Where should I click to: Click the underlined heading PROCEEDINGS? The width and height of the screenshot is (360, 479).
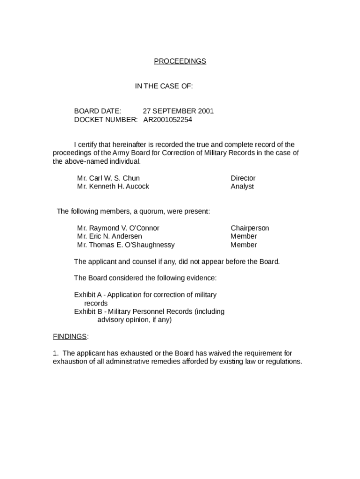tap(180, 61)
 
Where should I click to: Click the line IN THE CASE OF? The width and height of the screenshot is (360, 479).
tap(164, 86)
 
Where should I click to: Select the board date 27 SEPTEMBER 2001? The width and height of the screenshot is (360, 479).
tap(178, 111)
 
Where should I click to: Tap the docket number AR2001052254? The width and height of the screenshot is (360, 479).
tap(167, 119)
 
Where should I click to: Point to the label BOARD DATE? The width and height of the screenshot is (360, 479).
tap(98, 111)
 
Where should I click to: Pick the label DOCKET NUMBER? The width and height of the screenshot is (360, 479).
tap(106, 119)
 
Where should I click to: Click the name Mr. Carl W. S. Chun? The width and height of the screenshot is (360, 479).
tap(108, 178)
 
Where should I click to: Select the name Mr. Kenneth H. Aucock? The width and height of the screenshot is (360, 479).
tap(113, 186)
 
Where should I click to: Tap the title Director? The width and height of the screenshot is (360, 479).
tap(243, 178)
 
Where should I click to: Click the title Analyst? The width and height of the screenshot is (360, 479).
tap(242, 186)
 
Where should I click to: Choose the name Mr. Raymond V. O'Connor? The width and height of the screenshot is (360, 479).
tap(118, 228)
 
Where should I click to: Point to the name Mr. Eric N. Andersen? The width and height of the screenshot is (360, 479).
tap(109, 236)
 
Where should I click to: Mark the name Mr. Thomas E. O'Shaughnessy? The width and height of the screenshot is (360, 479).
tap(126, 245)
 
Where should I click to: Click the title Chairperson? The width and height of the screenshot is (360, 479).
tap(250, 228)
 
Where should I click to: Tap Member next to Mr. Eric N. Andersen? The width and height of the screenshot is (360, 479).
tap(244, 236)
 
